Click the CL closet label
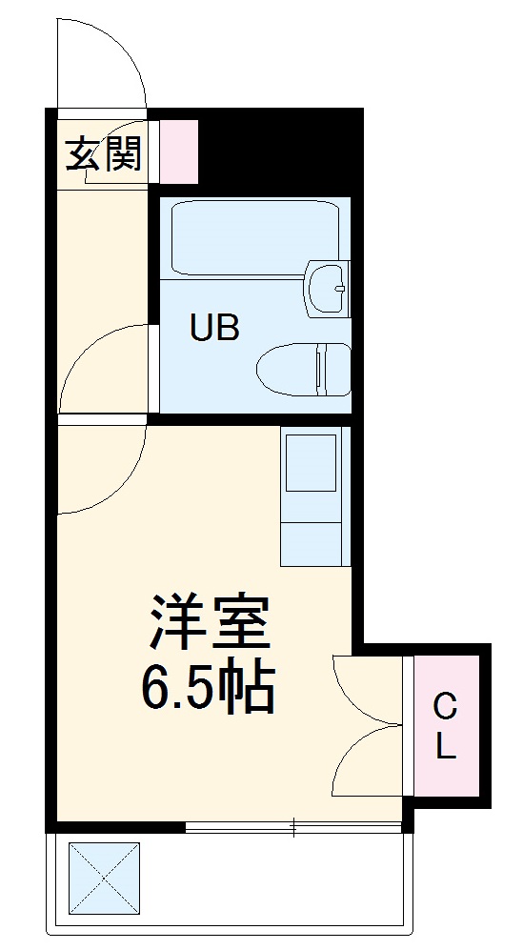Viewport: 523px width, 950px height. [x=445, y=726]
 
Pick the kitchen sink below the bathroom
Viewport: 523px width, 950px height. [x=312, y=463]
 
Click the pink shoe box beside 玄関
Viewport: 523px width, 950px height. [x=178, y=152]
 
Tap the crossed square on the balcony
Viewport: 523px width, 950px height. [x=104, y=878]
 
